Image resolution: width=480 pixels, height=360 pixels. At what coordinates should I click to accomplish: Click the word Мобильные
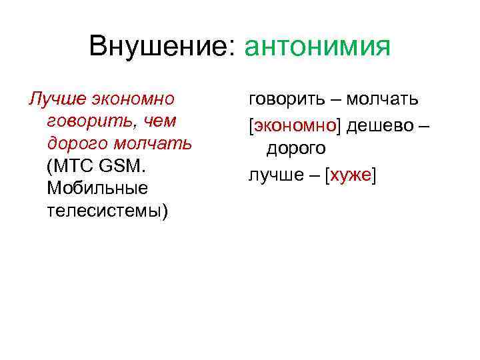pyautogui.click(x=97, y=187)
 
